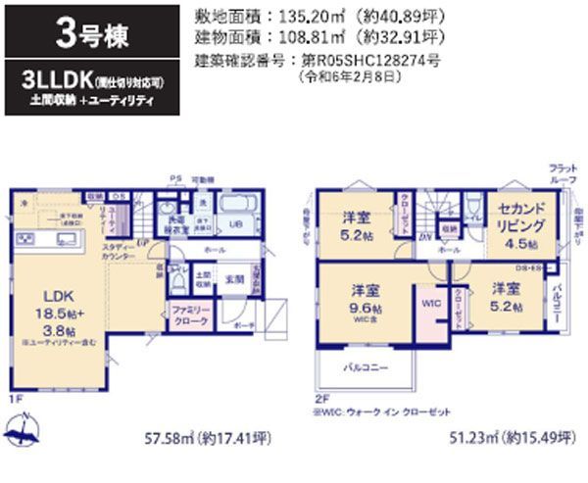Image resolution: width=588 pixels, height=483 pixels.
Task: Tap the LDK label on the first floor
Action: (x=53, y=294)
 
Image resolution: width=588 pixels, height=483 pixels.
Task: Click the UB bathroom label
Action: (x=236, y=224)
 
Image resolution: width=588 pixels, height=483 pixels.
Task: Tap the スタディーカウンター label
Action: (x=120, y=251)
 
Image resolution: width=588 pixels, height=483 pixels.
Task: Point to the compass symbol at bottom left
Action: (x=22, y=429)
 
